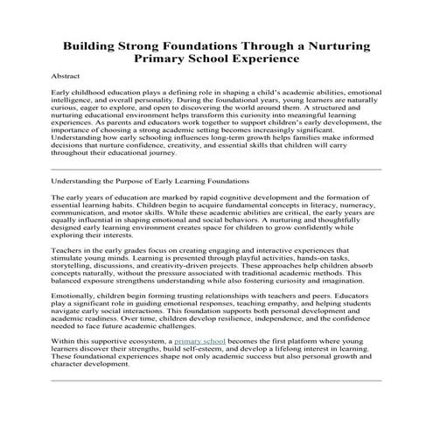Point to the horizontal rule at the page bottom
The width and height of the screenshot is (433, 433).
tap(216, 405)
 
